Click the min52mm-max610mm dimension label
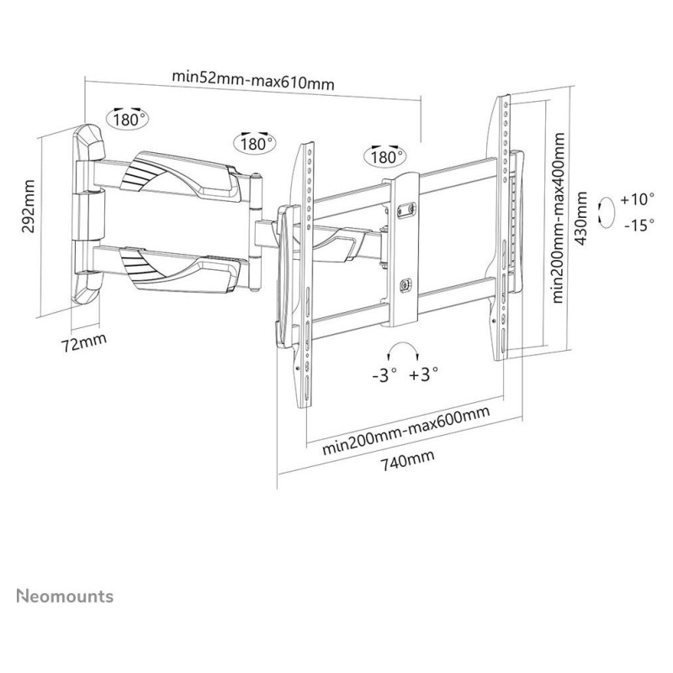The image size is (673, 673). (x=253, y=80)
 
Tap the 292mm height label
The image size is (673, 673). (x=29, y=206)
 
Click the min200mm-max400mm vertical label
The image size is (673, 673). (x=558, y=218)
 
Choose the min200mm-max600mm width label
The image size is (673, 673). (x=406, y=431)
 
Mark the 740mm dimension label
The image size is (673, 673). (x=408, y=459)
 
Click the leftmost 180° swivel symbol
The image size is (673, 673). (x=128, y=118)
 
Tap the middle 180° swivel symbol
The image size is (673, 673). (x=255, y=142)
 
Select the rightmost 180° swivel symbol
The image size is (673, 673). (x=385, y=156)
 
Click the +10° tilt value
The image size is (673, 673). (x=638, y=199)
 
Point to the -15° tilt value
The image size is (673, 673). (x=639, y=225)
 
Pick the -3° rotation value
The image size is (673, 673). (x=384, y=374)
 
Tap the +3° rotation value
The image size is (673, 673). (x=424, y=374)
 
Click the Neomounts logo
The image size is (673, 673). (x=65, y=596)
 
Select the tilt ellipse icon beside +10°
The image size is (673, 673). (x=607, y=213)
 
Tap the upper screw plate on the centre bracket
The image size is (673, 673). (x=406, y=209)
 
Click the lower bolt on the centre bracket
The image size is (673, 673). (x=405, y=284)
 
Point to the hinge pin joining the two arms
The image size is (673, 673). (x=256, y=232)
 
